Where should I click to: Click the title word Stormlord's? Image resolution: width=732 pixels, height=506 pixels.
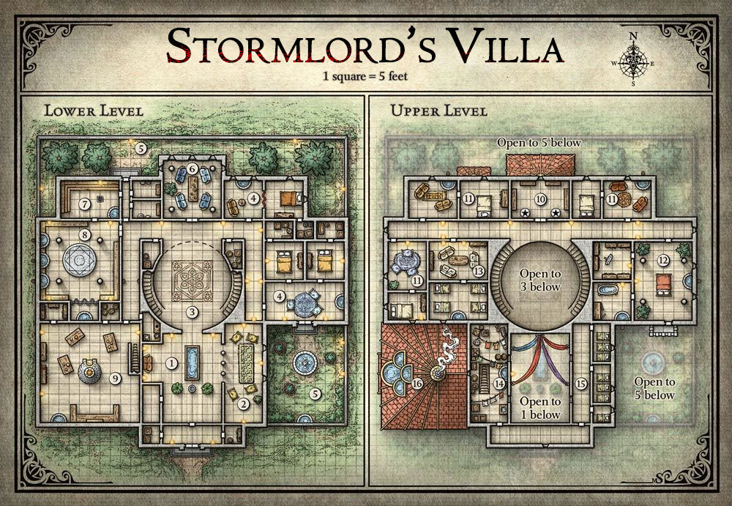(x=301, y=46)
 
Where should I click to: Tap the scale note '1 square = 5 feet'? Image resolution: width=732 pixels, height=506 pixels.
(x=365, y=76)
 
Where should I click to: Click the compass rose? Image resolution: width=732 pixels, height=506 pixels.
(x=633, y=60)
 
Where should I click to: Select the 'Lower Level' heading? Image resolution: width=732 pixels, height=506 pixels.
(x=94, y=111)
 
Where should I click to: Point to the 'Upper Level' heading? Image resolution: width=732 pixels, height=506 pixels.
(x=438, y=111)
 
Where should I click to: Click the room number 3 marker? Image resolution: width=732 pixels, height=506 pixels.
(x=192, y=312)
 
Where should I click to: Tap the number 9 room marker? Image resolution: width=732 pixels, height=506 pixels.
(x=115, y=379)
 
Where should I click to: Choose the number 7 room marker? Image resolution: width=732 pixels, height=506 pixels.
(x=84, y=204)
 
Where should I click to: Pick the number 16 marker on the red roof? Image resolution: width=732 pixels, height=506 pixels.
(x=417, y=384)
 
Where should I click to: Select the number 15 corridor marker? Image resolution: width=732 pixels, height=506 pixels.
(x=580, y=384)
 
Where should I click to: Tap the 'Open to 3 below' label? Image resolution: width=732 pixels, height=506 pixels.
(x=540, y=280)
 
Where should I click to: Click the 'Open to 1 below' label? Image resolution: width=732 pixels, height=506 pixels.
(x=540, y=408)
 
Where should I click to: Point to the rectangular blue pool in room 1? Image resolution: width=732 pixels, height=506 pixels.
(x=193, y=362)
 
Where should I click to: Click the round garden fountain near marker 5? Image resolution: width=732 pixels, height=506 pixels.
(x=305, y=362)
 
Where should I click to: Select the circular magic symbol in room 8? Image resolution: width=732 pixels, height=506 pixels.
(x=79, y=260)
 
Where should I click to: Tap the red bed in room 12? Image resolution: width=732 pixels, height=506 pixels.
(x=663, y=285)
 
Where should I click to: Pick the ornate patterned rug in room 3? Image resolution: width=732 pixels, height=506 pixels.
(x=193, y=280)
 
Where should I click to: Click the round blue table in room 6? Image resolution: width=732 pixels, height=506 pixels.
(x=193, y=187)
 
